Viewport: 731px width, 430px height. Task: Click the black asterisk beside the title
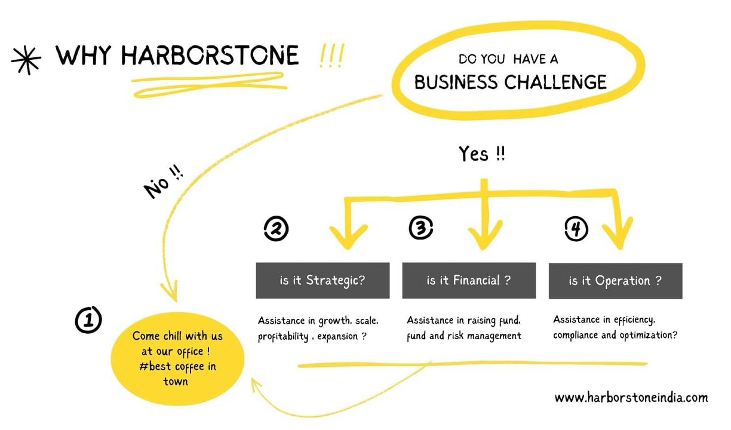tap(26, 60)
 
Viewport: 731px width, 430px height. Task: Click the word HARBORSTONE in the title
tap(210, 55)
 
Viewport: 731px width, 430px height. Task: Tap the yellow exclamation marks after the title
tap(331, 56)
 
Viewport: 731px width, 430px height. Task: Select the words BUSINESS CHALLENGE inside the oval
tap(511, 82)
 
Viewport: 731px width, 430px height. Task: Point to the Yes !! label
tap(482, 153)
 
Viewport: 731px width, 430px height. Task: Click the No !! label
tap(163, 182)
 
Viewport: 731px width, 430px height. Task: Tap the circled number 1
tap(88, 320)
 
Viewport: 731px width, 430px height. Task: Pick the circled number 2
tap(276, 228)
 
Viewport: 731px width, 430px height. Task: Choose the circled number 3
tap(421, 228)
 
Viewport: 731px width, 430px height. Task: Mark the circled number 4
tap(576, 229)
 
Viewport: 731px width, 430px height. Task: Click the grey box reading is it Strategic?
tap(322, 281)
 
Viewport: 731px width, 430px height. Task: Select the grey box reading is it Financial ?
tap(469, 281)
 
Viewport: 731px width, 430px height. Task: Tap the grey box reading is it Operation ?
tap(616, 281)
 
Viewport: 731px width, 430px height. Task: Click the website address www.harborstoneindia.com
tap(631, 397)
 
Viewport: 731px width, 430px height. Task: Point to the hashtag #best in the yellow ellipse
tap(155, 366)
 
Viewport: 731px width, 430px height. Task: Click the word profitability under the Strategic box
tap(283, 336)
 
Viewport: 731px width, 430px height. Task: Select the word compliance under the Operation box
tap(576, 335)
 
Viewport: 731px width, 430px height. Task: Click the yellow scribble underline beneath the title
tap(210, 84)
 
